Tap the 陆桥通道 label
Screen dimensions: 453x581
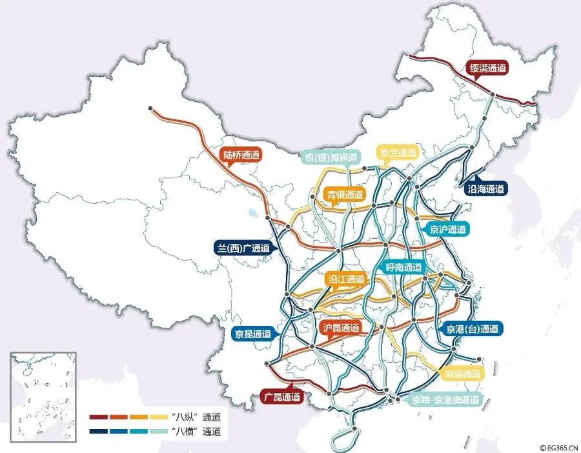(241, 155)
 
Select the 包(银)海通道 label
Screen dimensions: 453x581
(331, 157)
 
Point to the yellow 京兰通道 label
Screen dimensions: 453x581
(398, 153)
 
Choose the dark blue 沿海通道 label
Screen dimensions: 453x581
(486, 189)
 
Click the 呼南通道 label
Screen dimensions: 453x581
(403, 267)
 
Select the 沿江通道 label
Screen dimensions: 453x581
(347, 279)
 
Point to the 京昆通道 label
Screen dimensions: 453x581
(253, 334)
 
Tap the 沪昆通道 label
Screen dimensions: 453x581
(340, 327)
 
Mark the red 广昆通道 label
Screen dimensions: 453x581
(281, 397)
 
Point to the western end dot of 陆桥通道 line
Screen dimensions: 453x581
(150, 108)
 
